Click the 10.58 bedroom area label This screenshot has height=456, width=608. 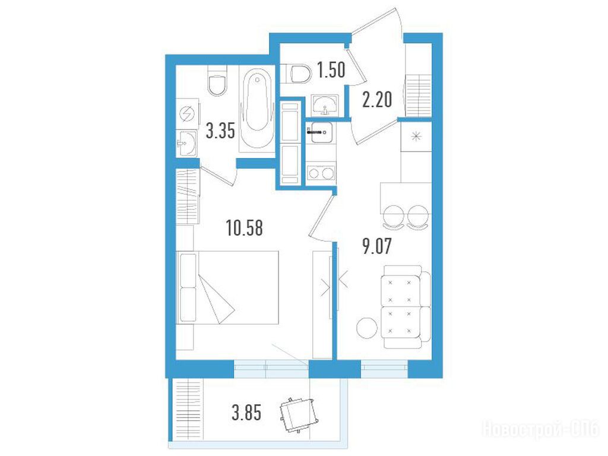pyautogui.click(x=244, y=228)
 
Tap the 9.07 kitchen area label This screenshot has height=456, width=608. pyautogui.click(x=377, y=246)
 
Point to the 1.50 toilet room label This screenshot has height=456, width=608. pyautogui.click(x=331, y=70)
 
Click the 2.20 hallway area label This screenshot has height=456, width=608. pyautogui.click(x=377, y=99)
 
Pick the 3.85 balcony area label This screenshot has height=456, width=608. pyautogui.click(x=246, y=412)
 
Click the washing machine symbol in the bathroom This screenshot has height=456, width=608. pyautogui.click(x=187, y=115)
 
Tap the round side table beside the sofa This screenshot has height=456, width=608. pyautogui.click(x=366, y=328)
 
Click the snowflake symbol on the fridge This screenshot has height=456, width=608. pyautogui.click(x=416, y=137)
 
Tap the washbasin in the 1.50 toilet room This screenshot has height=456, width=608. pyautogui.click(x=325, y=104)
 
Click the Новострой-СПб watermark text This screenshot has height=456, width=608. pyautogui.click(x=541, y=429)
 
